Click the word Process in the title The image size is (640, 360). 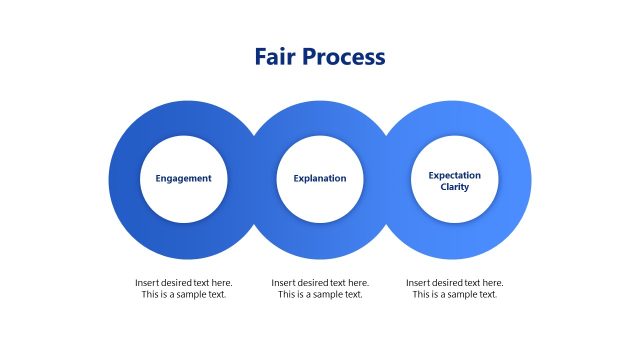pyautogui.click(x=344, y=57)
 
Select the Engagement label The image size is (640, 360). pyautogui.click(x=184, y=179)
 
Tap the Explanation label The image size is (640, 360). pyautogui.click(x=320, y=179)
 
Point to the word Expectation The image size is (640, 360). pyautogui.click(x=455, y=175)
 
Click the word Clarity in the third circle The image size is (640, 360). pyautogui.click(x=455, y=187)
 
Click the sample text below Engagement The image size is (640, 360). pyautogui.click(x=184, y=289)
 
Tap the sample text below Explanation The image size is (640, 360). pyautogui.click(x=320, y=289)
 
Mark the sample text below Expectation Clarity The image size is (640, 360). pyautogui.click(x=455, y=289)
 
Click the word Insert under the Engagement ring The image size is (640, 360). pyautogui.click(x=147, y=283)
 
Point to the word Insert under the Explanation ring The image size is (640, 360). pyautogui.click(x=283, y=283)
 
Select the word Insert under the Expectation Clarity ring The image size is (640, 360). pyautogui.click(x=418, y=283)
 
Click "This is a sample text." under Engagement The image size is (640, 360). pyautogui.click(x=184, y=295)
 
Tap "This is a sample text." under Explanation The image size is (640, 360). pyautogui.click(x=320, y=295)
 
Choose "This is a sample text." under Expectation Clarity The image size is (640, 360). pyautogui.click(x=455, y=295)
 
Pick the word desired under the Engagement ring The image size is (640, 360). pyautogui.click(x=178, y=283)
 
